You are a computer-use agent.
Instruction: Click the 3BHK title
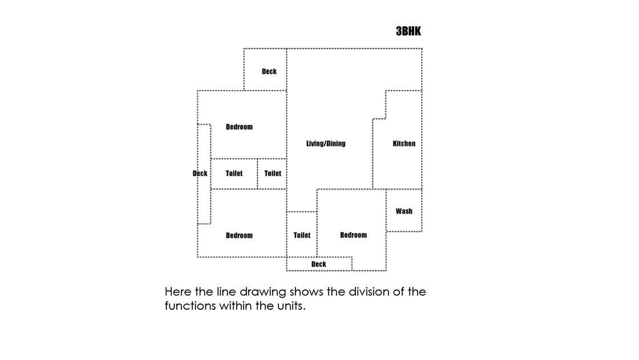409,31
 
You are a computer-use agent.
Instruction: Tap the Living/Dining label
326,144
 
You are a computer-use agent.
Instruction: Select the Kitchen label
404,144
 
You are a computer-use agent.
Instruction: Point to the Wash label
404,211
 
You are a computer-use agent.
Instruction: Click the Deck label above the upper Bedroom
269,71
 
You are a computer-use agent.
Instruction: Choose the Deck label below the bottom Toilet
319,264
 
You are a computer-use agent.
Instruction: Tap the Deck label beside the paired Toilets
200,173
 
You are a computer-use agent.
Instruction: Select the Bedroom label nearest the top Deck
239,127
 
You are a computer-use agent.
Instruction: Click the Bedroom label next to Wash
353,235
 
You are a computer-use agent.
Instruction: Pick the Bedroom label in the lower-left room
239,235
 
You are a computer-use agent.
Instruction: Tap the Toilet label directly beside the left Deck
234,173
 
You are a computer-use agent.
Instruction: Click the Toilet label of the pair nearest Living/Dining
273,173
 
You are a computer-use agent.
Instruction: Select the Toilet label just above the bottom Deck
302,235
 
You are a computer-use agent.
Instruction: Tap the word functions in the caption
190,306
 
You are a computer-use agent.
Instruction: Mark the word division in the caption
370,292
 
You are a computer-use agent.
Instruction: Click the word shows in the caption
305,292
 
